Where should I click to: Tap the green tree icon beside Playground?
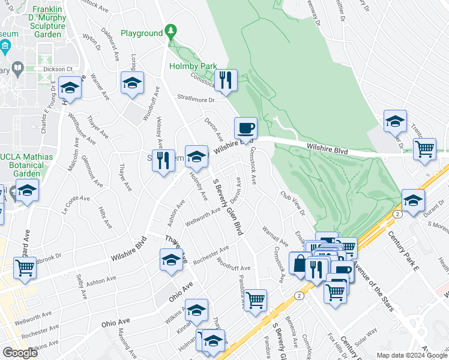click(171, 31)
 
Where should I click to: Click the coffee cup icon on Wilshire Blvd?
click(246, 128)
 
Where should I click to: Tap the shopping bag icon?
click(300, 263)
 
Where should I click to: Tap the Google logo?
click(20, 352)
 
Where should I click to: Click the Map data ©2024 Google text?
click(412, 355)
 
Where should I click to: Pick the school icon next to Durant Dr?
click(412, 201)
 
